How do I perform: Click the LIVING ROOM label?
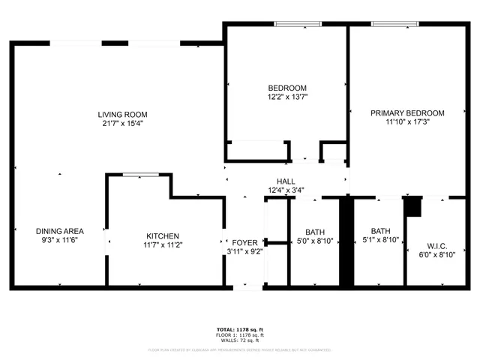122,114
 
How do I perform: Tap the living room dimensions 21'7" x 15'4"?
122,124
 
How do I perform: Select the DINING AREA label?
59,230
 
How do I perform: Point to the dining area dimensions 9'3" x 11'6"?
59,240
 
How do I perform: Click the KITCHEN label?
163,235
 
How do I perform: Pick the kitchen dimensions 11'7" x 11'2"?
163,245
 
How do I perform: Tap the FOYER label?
244,242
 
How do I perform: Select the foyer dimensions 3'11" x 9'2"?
244,252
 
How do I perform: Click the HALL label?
286,181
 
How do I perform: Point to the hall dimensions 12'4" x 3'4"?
286,190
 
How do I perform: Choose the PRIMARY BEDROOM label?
407,113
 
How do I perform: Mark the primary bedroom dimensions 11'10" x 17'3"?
407,123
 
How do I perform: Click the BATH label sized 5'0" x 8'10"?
314,231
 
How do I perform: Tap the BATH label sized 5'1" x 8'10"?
380,231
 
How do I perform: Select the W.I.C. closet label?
436,245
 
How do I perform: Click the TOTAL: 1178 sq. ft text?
240,329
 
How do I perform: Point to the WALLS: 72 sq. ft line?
240,341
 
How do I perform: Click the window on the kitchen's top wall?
140,175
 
